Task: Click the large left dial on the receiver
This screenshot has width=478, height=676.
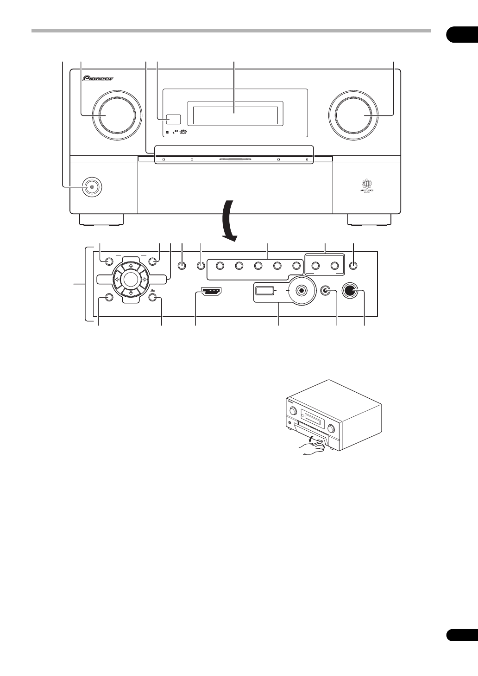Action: (116, 115)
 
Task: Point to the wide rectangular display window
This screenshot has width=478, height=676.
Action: (235, 113)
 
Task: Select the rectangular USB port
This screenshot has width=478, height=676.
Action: (264, 291)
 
